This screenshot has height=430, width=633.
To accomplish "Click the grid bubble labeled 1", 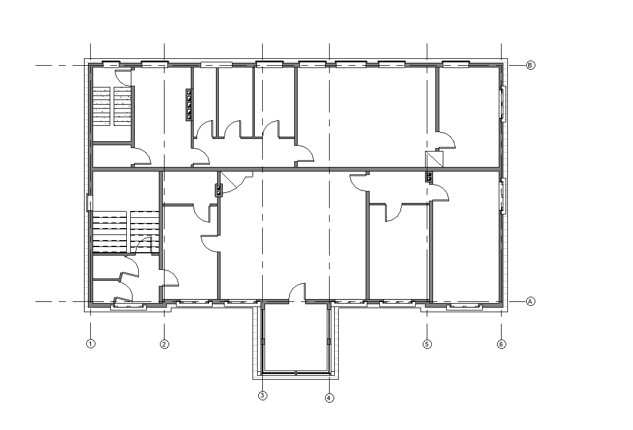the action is click(x=91, y=344).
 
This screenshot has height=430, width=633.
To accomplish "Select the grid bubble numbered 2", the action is click(x=165, y=344).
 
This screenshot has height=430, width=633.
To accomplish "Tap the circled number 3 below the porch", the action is click(x=263, y=395).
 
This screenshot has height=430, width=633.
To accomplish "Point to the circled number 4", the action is click(x=330, y=397).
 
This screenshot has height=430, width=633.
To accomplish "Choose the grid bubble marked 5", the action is click(x=427, y=344).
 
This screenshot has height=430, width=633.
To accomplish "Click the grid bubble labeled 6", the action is click(x=502, y=344).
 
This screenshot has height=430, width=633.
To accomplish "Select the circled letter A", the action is click(x=531, y=301).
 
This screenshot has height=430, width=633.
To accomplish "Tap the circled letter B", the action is click(x=531, y=65).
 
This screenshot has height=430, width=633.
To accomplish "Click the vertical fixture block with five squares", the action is click(x=189, y=105).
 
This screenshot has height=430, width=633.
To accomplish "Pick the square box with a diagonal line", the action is click(x=434, y=159).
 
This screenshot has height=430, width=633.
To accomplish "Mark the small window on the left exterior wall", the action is click(x=89, y=203).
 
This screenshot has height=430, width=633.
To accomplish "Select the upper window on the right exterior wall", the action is click(x=503, y=103).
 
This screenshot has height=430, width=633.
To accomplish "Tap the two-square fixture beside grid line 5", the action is click(x=429, y=177).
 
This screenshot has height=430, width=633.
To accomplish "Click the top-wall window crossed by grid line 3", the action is click(x=269, y=64).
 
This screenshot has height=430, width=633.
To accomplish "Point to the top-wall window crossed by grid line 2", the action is click(x=155, y=64).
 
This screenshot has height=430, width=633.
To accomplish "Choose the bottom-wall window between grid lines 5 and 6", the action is click(x=464, y=306).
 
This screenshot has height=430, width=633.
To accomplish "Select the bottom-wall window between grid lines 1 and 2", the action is click(x=129, y=306).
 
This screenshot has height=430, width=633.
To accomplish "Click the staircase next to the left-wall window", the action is click(x=126, y=232).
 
